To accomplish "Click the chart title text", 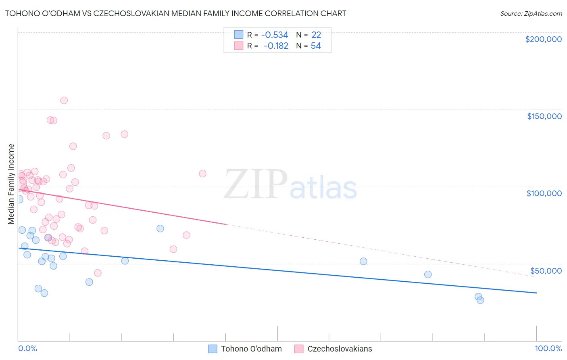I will (175, 13).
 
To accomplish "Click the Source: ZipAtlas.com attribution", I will (531, 13).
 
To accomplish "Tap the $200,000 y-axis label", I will (543, 39).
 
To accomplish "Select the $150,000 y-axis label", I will (544, 116).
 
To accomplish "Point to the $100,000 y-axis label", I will (544, 193).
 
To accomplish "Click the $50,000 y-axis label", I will (546, 270).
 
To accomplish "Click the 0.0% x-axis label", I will (27, 348).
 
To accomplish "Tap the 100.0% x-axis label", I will (548, 348).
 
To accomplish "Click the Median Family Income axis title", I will (11, 184).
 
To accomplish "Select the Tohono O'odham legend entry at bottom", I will (251, 349).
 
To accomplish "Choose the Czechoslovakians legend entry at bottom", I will (340, 349).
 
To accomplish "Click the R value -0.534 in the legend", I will (274, 35).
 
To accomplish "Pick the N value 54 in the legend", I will (316, 46).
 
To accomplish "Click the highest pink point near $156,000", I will (64, 100).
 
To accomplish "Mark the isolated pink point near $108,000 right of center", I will (202, 174).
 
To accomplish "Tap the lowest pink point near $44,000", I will (98, 273).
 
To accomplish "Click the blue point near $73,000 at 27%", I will (160, 228).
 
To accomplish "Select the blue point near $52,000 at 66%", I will (363, 261).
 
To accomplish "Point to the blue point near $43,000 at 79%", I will (428, 274).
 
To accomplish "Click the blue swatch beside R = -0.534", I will (239, 35).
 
